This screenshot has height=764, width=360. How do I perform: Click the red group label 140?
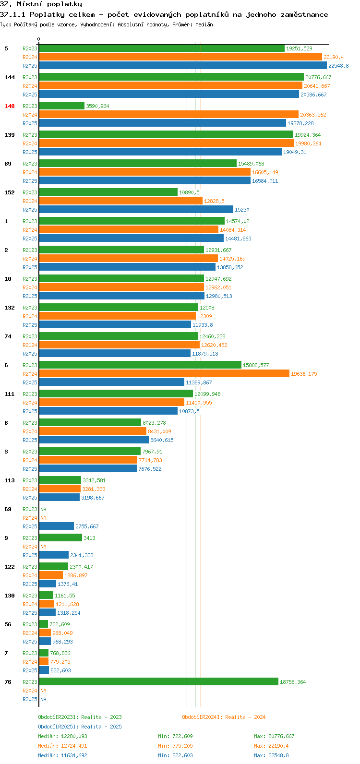pos(10,106)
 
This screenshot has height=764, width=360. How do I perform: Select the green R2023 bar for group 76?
pos(159,682)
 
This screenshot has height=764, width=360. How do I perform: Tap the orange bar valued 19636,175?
pos(164,374)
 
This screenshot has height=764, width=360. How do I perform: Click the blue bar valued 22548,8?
pos(183,65)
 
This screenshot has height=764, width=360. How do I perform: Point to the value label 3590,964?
pos(97,106)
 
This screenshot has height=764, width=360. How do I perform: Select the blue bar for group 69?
pos(56,526)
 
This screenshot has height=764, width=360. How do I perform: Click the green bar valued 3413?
pos(61,538)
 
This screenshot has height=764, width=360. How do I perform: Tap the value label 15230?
pos(242,210)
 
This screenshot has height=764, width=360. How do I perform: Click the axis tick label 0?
pos(38,39)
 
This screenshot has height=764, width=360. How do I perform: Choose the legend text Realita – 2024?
pos(245,717)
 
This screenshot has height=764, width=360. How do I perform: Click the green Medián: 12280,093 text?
pos(62,736)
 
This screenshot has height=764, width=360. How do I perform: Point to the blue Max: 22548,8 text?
pos(271,755)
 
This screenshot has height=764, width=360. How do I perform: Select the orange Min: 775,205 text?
pos(175,746)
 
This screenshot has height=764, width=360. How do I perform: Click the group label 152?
pos(10,192)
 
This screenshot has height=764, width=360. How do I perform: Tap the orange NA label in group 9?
pos(43,547)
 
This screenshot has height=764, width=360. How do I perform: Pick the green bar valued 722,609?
pos(44,624)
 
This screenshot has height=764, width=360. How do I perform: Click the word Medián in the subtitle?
pos(204,24)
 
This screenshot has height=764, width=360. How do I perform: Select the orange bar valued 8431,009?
pos(93,431)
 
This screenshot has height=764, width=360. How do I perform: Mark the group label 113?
pos(10,480)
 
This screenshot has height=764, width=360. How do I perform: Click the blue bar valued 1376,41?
pos(48,584)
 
